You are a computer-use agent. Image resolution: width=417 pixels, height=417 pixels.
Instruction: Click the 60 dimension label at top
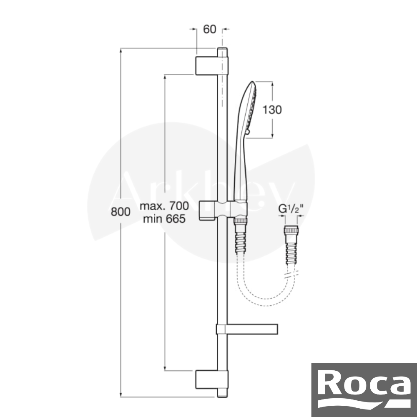click(210, 29)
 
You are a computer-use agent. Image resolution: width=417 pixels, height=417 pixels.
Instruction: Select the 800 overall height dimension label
click(121, 212)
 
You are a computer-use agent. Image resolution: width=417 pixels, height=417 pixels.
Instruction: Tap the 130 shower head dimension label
click(272, 110)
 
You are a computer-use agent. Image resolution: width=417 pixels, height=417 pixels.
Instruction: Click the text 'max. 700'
click(164, 206)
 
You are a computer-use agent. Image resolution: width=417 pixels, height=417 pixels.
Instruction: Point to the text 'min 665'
click(164, 219)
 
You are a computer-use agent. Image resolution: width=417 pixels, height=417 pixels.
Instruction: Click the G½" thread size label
click(291, 209)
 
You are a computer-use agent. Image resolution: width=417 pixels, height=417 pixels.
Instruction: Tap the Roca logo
click(364, 389)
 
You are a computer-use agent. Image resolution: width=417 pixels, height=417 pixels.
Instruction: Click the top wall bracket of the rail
click(212, 66)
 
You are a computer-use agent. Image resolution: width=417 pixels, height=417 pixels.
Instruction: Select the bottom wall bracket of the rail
click(212, 379)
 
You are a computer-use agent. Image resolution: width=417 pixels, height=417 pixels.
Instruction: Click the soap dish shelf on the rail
click(247, 329)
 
